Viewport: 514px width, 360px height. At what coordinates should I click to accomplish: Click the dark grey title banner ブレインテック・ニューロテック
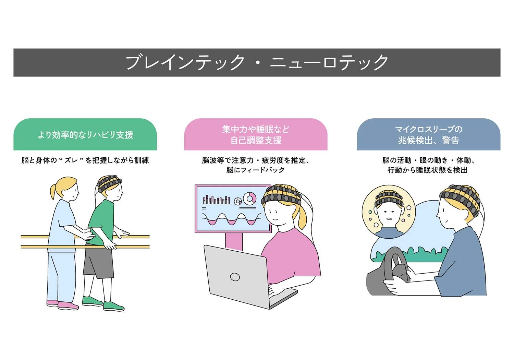click(x=257, y=62)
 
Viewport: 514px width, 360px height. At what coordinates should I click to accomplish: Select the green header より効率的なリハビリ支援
click(x=85, y=134)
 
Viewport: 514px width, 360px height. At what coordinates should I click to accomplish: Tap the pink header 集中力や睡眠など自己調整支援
click(x=256, y=134)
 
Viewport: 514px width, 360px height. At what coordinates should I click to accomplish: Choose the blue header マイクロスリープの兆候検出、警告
click(x=429, y=134)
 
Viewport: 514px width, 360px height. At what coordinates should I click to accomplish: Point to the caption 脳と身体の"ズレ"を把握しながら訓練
click(x=85, y=160)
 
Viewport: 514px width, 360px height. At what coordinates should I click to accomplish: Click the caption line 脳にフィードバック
click(x=255, y=170)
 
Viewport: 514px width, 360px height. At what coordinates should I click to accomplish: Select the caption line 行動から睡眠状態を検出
click(x=428, y=170)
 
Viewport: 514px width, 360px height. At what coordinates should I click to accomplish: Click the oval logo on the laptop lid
click(x=235, y=277)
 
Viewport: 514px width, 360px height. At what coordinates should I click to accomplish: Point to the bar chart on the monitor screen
click(x=216, y=200)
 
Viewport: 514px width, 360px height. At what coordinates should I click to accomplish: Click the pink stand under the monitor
click(x=234, y=241)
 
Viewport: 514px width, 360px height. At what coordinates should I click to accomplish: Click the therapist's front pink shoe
click(x=68, y=305)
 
